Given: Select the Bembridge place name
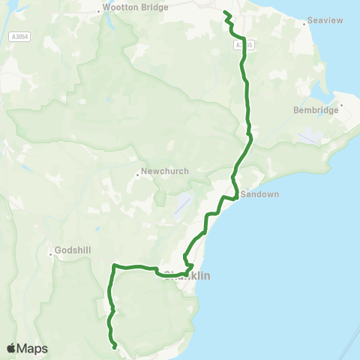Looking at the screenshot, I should pos(316,110).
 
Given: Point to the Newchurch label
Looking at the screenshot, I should pos(165,171).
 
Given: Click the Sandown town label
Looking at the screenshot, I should pos(259,194).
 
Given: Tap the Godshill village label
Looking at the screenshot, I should pos(73,250).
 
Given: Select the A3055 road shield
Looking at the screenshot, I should pos(240,45).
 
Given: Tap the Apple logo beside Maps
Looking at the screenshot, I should pos(12,348).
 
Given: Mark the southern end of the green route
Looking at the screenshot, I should pos(114,347).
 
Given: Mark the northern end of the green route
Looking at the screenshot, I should pos(225,11).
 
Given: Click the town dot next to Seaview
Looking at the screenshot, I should pos(304,24).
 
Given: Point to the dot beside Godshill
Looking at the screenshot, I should pos(51,253).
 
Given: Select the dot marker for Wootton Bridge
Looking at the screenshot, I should pos(100,10).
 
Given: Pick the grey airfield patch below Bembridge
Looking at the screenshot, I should pos(307,137).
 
